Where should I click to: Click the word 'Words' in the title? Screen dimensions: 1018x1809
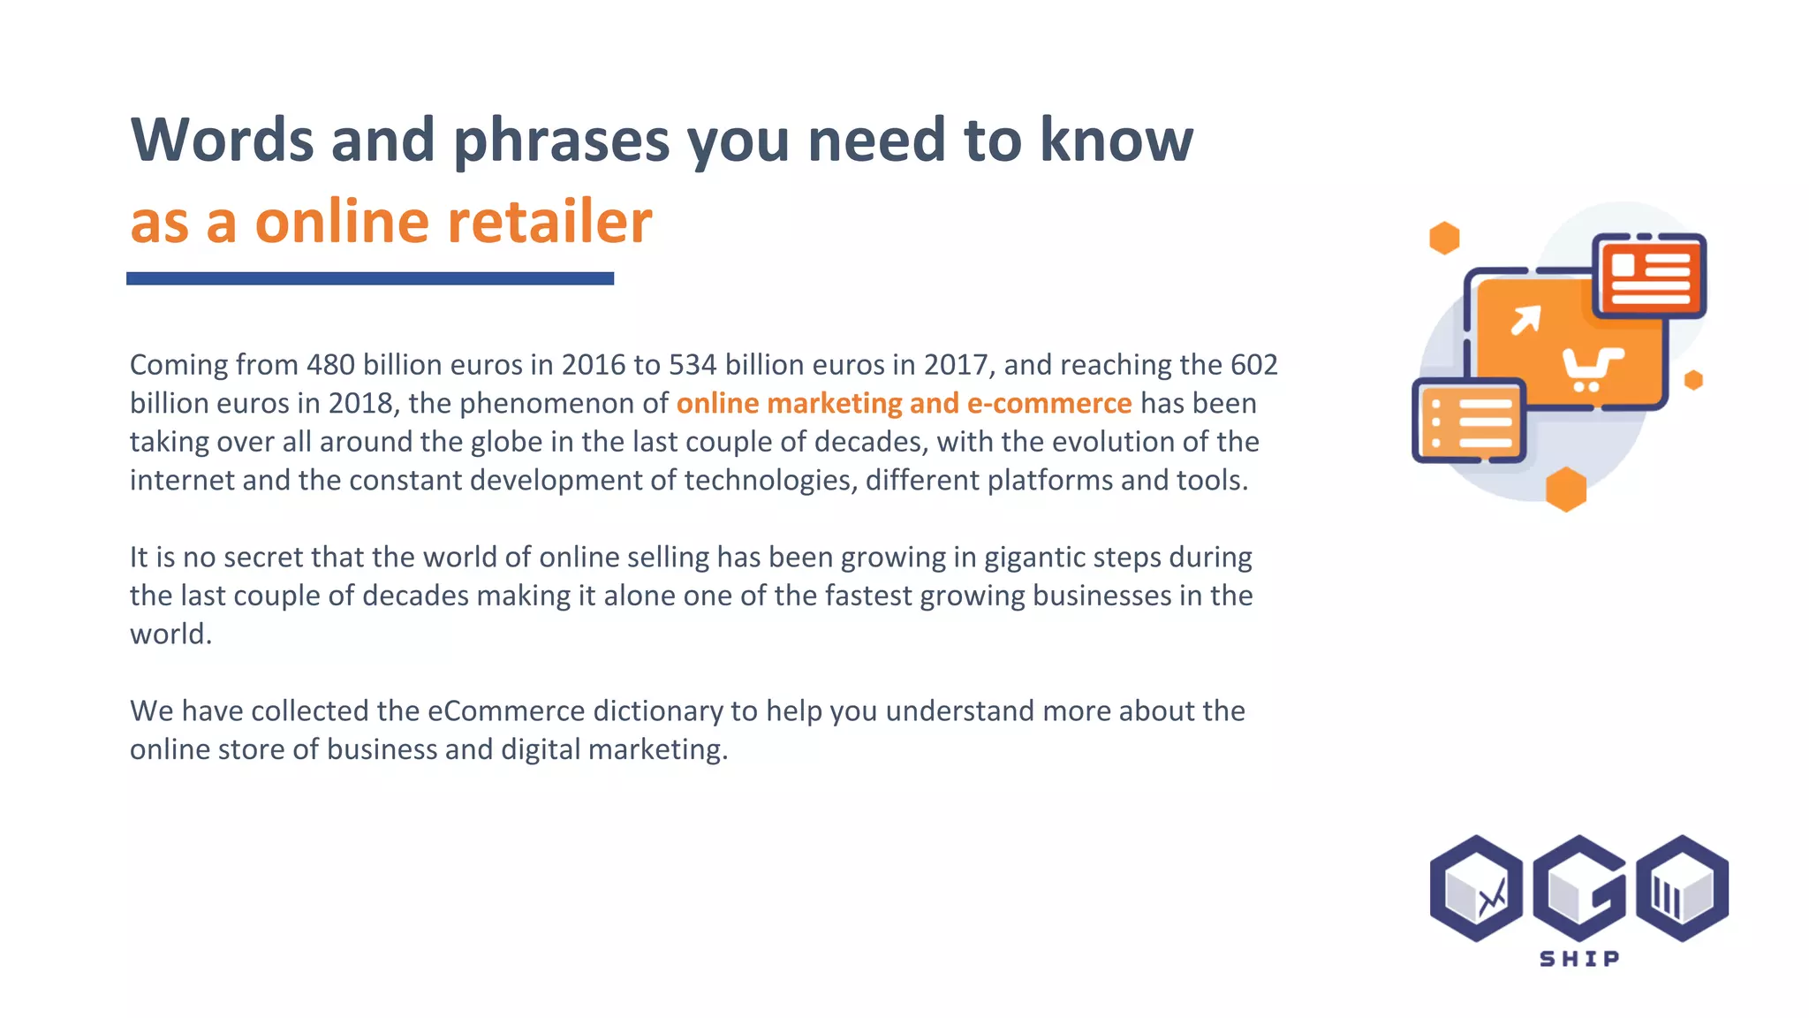coord(221,140)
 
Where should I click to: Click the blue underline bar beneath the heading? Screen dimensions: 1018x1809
coord(370,278)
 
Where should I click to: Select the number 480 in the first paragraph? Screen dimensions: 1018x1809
coord(330,364)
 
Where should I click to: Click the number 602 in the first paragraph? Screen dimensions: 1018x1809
coord(1253,364)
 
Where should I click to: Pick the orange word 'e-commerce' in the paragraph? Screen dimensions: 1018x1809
coord(1049,403)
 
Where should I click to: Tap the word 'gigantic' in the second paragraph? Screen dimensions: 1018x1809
coord(1034,558)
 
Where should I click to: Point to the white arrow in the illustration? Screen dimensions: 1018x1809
coord(1525,320)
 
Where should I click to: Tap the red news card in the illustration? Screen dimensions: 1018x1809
coord(1649,275)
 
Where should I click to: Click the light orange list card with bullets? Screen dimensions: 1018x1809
coord(1470,420)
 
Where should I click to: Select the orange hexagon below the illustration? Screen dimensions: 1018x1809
coord(1566,489)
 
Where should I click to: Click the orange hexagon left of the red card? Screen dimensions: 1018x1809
coord(1444,238)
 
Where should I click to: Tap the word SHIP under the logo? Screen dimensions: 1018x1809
coord(1579,959)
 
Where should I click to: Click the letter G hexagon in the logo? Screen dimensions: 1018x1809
coord(1579,888)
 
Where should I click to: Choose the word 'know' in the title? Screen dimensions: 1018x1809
coord(1116,140)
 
